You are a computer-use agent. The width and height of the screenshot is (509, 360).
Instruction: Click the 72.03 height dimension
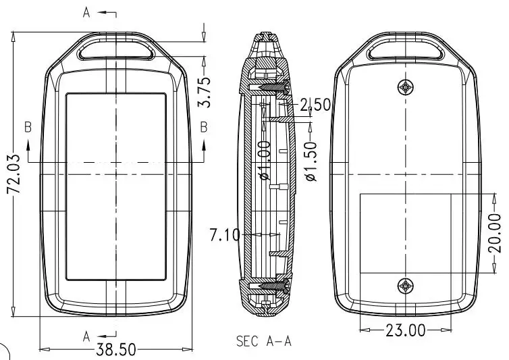14,174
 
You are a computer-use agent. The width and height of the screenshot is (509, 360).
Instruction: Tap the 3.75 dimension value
204,92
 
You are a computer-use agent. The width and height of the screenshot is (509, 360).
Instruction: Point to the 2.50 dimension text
315,105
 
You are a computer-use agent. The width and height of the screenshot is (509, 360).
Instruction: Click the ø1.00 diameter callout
265,160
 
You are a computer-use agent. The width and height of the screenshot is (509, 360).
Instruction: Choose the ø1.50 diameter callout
311,161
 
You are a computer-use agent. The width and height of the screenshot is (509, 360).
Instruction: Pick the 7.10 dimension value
225,235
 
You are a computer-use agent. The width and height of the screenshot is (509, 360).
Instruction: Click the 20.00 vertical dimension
494,233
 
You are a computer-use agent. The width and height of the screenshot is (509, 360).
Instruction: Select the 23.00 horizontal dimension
406,331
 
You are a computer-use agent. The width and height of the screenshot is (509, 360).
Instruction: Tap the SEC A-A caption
263,341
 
